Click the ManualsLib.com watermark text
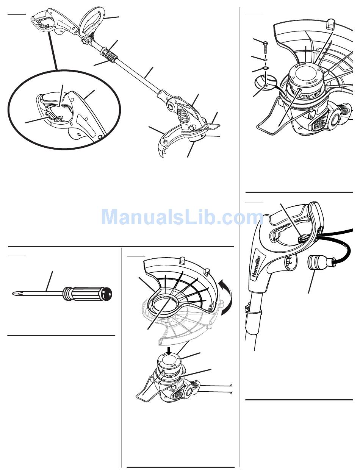[x=183, y=217]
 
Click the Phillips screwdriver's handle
[x=87, y=294]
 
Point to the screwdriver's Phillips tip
[x=15, y=294]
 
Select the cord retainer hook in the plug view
[x=301, y=239]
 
